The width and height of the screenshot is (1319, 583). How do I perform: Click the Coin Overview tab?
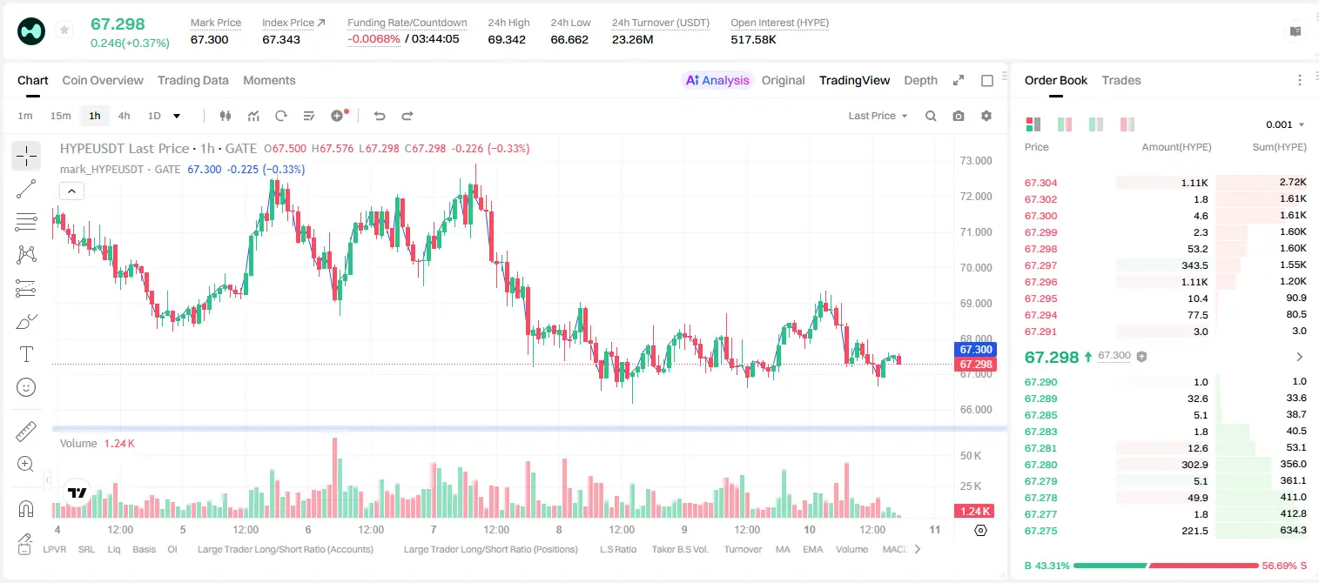[x=103, y=81]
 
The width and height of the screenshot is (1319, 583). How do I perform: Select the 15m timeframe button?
[x=60, y=116]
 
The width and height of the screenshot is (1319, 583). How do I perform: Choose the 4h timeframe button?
[x=124, y=116]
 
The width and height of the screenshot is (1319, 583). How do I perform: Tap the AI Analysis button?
[x=717, y=81]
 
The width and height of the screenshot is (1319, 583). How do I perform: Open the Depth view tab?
[x=920, y=81]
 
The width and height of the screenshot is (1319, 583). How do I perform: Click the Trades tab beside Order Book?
[x=1121, y=81]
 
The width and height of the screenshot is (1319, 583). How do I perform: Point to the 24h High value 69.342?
[x=507, y=39]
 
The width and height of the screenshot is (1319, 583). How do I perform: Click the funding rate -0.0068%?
[x=373, y=39]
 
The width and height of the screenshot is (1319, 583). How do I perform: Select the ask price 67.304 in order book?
[x=1040, y=183]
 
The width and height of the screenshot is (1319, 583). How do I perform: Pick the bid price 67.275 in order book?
[x=1040, y=531]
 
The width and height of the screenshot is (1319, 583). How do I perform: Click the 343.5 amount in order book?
[x=1195, y=265]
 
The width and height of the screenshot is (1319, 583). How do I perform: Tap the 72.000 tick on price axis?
[x=976, y=197]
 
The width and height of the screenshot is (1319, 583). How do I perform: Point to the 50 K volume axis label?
[x=971, y=456]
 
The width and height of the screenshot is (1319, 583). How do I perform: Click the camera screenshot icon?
[x=959, y=116]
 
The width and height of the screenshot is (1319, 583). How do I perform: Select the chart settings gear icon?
[x=986, y=116]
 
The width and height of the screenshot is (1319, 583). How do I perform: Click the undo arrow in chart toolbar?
[x=380, y=116]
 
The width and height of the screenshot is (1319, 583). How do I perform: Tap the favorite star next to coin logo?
[x=64, y=30]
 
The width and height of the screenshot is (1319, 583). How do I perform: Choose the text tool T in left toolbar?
[x=26, y=354]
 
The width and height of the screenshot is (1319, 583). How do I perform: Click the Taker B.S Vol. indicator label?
[x=679, y=549]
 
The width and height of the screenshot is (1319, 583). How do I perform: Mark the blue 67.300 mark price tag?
[x=975, y=350]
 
